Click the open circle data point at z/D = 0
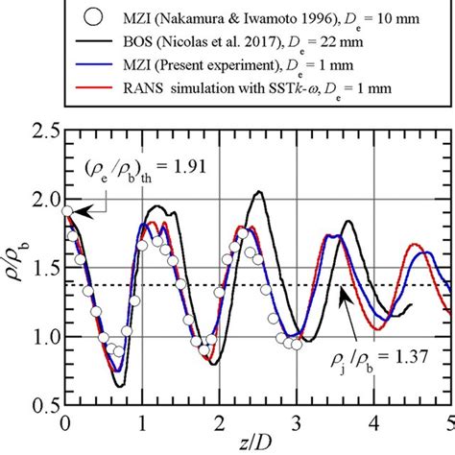[x=65, y=211]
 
